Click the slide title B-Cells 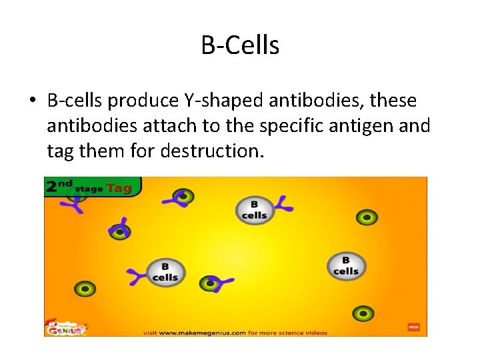coord(240,45)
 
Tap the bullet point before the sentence coord(32,101)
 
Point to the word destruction coord(212,151)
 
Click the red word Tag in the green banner coord(119,188)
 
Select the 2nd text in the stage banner coord(59,186)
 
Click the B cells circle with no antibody coord(346,266)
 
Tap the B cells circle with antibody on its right coord(254,210)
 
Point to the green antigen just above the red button coord(363,313)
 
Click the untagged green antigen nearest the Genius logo coord(85,289)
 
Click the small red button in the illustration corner coord(413,327)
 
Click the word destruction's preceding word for coord(145,151)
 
